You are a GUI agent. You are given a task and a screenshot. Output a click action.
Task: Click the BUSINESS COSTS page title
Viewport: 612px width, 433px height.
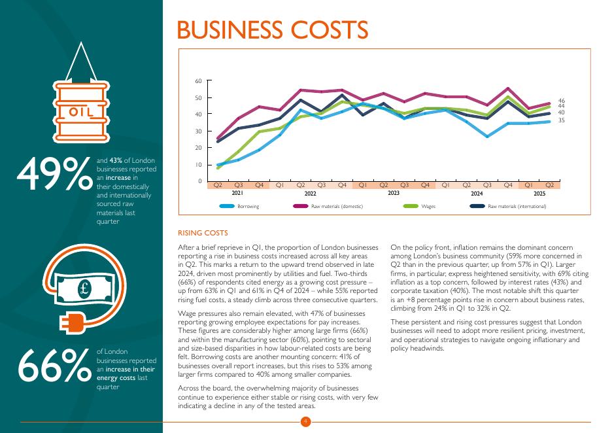pyautogui.click(x=272, y=30)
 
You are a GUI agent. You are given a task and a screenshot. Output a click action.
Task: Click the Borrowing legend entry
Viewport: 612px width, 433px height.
pyautogui.click(x=248, y=207)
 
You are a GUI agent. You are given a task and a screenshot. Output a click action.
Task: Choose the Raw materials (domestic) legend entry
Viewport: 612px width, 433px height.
pyautogui.click(x=337, y=207)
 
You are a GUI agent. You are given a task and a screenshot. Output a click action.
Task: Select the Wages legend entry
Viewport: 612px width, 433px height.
pyautogui.click(x=428, y=207)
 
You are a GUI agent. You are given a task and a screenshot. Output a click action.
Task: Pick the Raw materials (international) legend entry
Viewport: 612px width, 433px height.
pyautogui.click(x=517, y=207)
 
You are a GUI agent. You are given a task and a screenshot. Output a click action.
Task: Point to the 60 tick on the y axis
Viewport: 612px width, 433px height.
pyautogui.click(x=199, y=81)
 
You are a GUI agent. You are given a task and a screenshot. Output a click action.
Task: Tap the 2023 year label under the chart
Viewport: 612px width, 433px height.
pyautogui.click(x=394, y=194)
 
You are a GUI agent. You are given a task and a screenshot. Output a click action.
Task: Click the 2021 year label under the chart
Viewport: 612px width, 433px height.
pyautogui.click(x=238, y=194)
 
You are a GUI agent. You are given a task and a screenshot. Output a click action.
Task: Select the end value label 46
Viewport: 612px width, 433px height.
pyautogui.click(x=561, y=101)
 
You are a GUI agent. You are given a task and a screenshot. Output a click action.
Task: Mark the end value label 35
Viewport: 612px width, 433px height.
pyautogui.click(x=561, y=120)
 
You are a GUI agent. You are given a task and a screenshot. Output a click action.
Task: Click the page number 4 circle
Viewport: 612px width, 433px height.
pyautogui.click(x=305, y=422)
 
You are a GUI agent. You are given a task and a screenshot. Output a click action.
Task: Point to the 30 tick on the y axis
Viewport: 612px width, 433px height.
pyautogui.click(x=199, y=131)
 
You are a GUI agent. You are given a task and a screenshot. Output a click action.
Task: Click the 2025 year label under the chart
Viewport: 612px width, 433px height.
pyautogui.click(x=539, y=194)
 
